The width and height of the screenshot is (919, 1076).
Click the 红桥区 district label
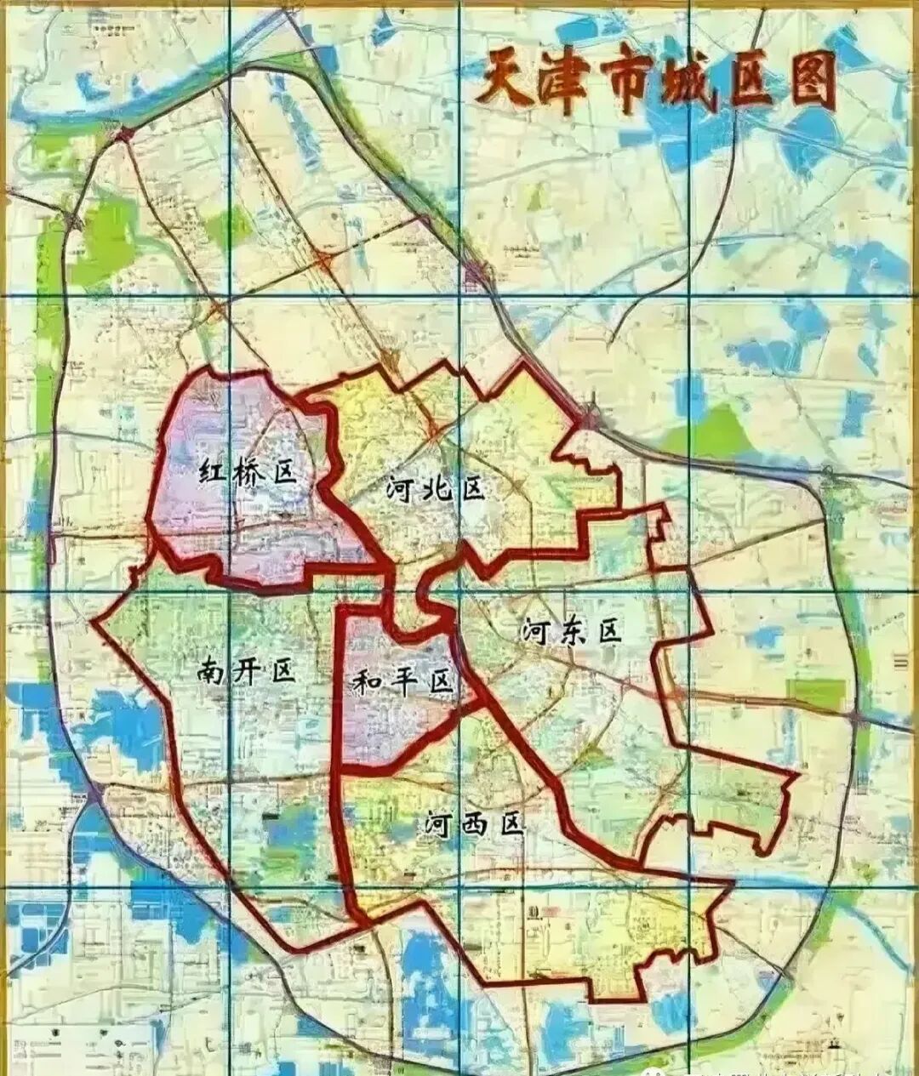point(249,470)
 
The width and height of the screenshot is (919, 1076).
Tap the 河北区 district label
point(435,489)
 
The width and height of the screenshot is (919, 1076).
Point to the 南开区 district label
point(246,672)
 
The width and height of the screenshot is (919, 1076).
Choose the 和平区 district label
point(402,680)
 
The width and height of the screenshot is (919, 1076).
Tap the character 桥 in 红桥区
point(250,470)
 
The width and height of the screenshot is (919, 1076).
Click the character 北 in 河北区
point(435,489)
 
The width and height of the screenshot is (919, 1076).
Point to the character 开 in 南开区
point(247,672)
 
